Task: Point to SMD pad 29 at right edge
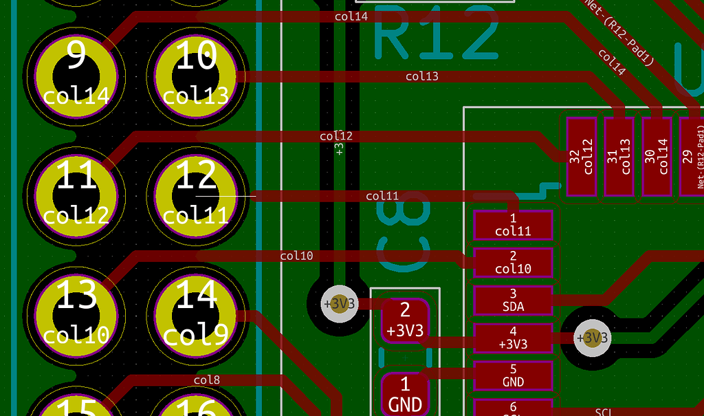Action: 692,156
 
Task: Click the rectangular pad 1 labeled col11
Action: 513,225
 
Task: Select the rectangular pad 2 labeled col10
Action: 513,263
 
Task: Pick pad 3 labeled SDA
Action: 513,300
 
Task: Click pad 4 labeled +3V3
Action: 513,338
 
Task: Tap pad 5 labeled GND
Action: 513,375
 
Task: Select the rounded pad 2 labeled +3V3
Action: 405,320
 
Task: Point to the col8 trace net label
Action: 206,380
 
